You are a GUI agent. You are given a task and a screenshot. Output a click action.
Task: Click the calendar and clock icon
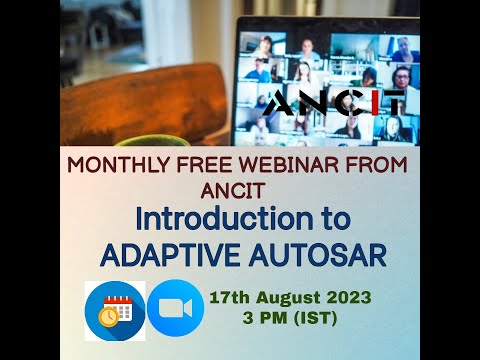tap(114, 310)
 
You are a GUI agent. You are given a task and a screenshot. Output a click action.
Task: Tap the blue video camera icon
tap(175, 310)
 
